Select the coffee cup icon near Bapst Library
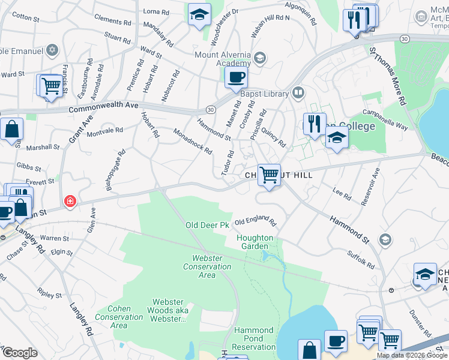click(x=236, y=77)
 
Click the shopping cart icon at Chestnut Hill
click(x=270, y=175)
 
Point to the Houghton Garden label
click(x=255, y=242)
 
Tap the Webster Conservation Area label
click(x=207, y=266)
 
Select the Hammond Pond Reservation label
click(x=254, y=338)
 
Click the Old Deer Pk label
click(x=207, y=225)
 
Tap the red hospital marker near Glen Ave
click(x=71, y=201)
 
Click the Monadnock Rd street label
click(x=193, y=141)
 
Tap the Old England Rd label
click(x=255, y=222)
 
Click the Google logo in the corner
click(x=20, y=353)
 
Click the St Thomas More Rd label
click(x=388, y=78)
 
